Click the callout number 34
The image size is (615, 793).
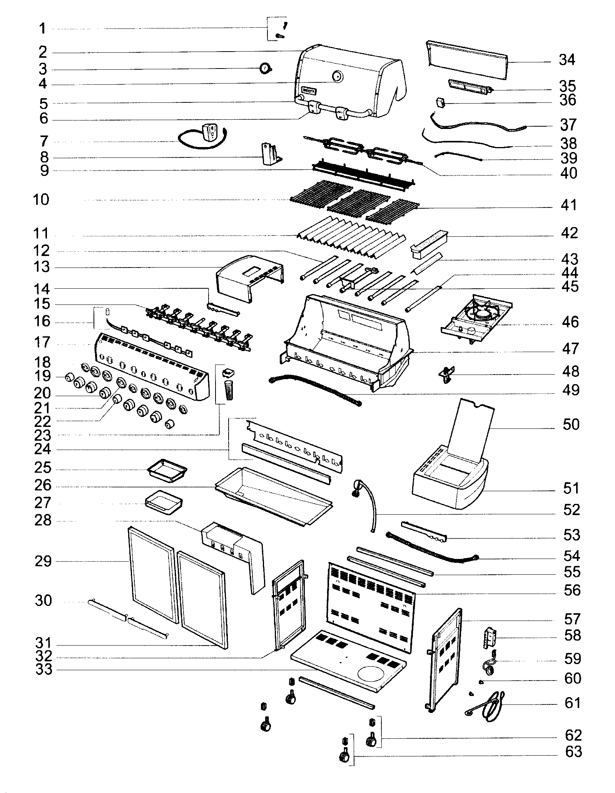point(567,60)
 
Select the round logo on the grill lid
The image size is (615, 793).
point(338,77)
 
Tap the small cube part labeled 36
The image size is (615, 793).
point(440,103)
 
